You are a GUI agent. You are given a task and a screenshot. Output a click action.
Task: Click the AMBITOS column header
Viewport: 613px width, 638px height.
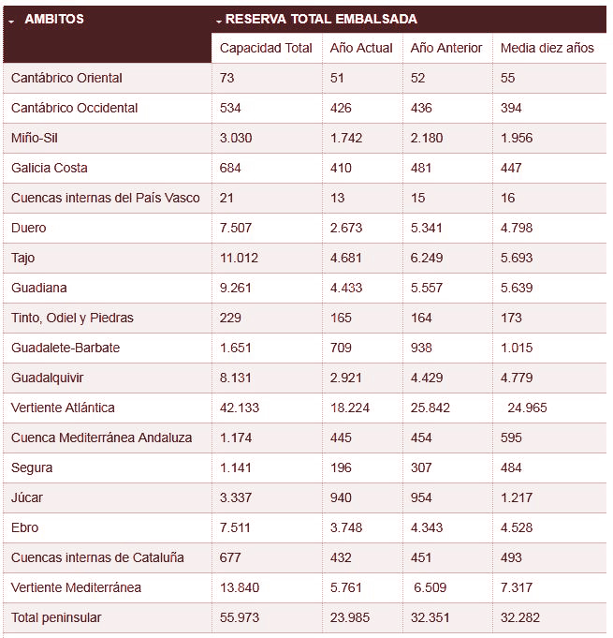[53, 19]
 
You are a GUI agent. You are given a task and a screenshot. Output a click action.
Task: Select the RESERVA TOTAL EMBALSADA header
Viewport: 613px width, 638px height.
[321, 19]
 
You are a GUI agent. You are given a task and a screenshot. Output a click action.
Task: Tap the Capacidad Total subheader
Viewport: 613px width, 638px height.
[266, 48]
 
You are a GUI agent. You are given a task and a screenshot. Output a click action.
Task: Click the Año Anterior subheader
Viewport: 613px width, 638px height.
[446, 48]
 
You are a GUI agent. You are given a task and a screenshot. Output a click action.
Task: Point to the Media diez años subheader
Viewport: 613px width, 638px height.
[547, 48]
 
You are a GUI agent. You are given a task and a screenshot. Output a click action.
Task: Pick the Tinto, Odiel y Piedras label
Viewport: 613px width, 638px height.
[72, 318]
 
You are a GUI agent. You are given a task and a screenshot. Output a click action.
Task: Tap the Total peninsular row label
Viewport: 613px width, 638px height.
[56, 617]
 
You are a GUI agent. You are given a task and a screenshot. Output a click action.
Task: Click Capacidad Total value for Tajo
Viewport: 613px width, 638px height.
[239, 258]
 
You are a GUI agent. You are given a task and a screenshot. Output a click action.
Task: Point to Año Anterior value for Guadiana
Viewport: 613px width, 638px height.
[429, 288]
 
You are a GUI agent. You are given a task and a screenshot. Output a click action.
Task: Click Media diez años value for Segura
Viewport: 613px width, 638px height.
[515, 467]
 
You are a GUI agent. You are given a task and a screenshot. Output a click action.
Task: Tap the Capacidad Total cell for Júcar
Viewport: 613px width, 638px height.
[235, 497]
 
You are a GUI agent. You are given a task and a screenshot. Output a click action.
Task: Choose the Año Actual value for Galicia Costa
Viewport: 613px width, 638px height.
[341, 168]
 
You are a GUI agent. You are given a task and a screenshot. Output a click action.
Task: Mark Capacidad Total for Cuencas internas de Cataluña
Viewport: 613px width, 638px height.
[230, 557]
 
